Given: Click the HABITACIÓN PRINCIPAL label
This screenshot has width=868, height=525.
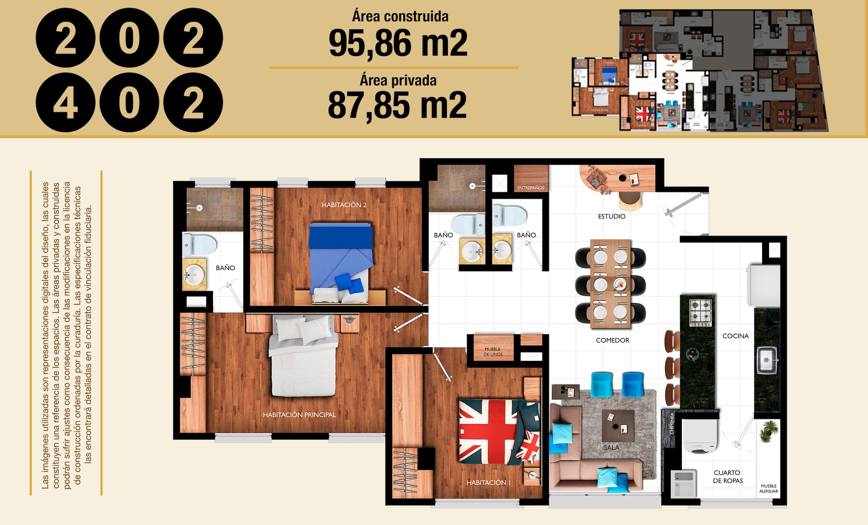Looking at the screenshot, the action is click(x=299, y=415).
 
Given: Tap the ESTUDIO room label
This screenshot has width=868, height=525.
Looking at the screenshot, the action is click(x=612, y=216).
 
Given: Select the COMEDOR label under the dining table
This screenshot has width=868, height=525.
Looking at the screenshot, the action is click(x=612, y=340).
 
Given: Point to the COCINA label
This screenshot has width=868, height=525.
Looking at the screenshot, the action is click(x=736, y=336).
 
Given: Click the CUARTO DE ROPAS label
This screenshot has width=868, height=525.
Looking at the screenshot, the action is click(x=728, y=476).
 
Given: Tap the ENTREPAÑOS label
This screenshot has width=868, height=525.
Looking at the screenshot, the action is click(x=530, y=188).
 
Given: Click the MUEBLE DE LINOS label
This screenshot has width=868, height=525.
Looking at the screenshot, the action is click(x=493, y=352).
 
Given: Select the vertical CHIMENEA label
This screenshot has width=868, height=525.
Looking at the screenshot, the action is click(x=672, y=423).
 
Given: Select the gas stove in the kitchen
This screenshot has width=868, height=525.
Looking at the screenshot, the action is click(x=700, y=312).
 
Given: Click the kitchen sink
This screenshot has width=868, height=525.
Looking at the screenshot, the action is click(x=767, y=360).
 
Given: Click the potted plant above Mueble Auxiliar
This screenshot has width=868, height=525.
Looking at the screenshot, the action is click(x=769, y=430).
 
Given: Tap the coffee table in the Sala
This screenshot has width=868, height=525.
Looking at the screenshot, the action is click(x=618, y=425).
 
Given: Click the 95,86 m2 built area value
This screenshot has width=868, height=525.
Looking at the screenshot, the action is click(x=398, y=43).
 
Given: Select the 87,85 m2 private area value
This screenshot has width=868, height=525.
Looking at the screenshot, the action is click(x=397, y=105).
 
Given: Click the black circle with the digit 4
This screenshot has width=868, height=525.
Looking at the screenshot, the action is click(x=66, y=103).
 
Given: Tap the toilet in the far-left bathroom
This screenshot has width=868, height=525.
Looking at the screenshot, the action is click(x=199, y=245).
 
